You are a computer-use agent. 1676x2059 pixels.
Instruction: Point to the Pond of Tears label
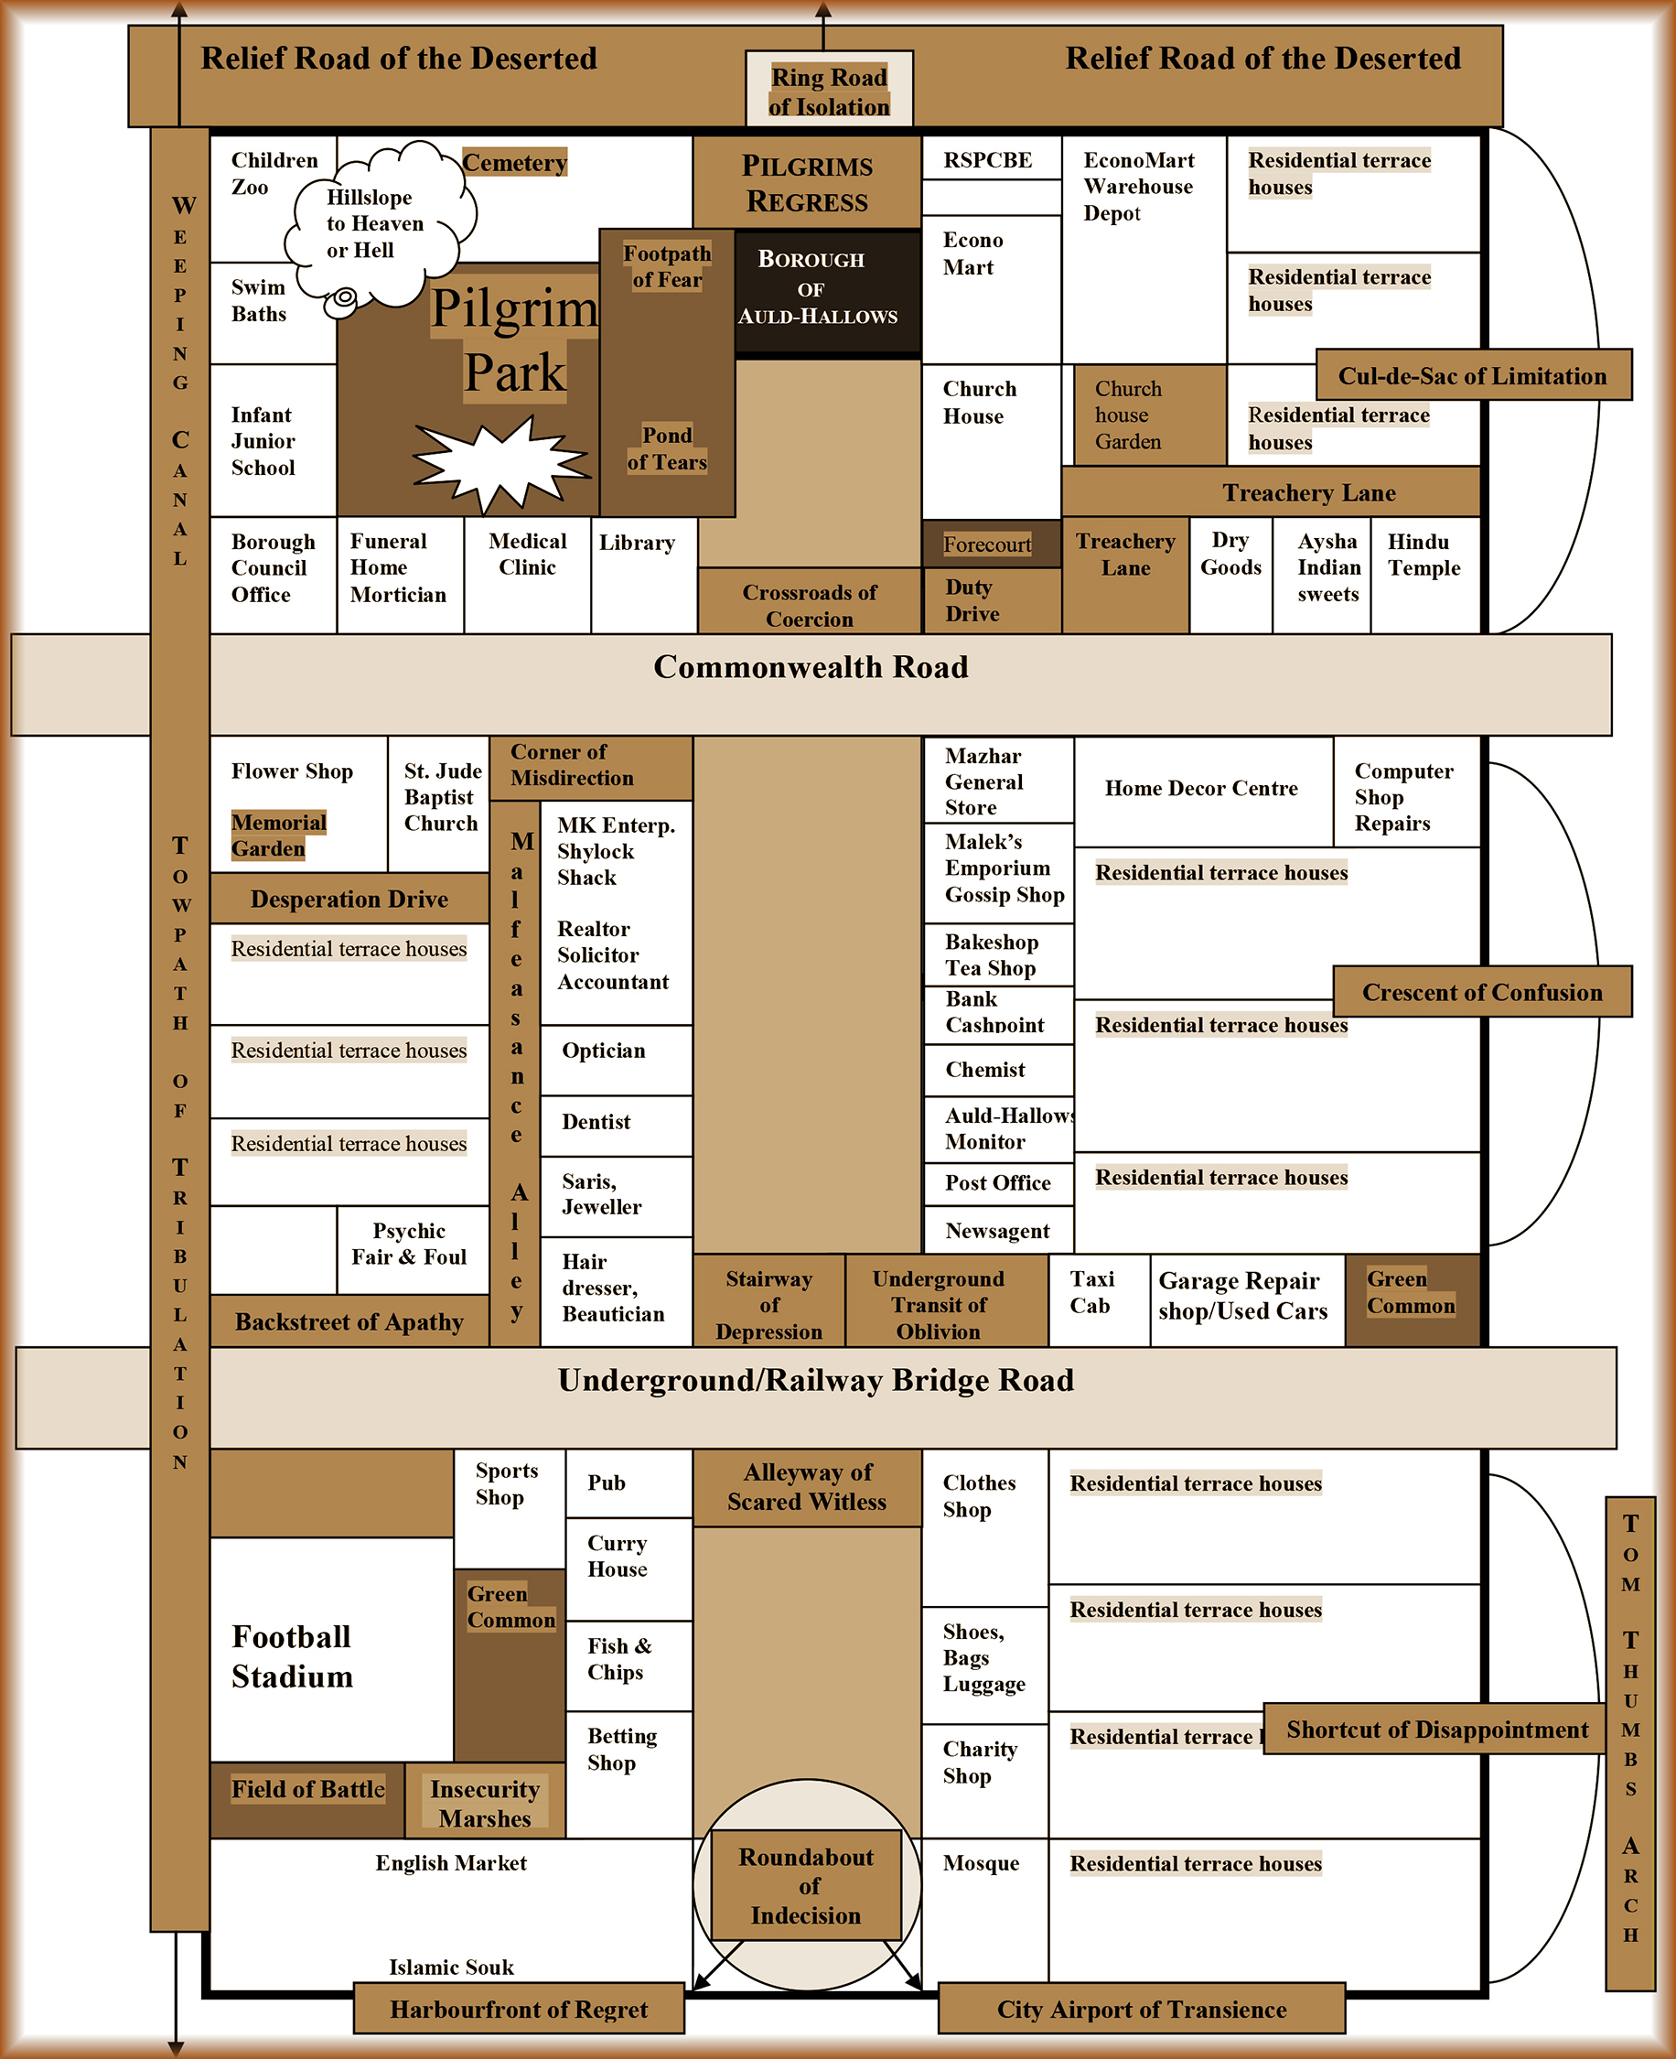point(666,449)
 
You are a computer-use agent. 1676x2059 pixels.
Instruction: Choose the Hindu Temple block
point(1424,574)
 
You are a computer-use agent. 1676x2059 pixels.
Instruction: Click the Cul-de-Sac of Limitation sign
point(1471,376)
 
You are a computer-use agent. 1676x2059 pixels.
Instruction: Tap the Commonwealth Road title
point(810,667)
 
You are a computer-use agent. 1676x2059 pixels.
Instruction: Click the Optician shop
point(615,1059)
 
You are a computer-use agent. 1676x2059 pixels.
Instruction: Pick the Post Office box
point(997,1183)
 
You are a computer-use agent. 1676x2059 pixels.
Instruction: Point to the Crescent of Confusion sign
point(1481,992)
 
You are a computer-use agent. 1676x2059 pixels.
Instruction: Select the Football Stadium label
point(293,1656)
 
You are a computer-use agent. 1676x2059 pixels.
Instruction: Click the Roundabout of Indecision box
point(806,1885)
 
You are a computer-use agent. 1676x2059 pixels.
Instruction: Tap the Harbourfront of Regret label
point(519,2009)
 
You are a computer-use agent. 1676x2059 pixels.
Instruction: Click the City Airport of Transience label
point(1140,2009)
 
